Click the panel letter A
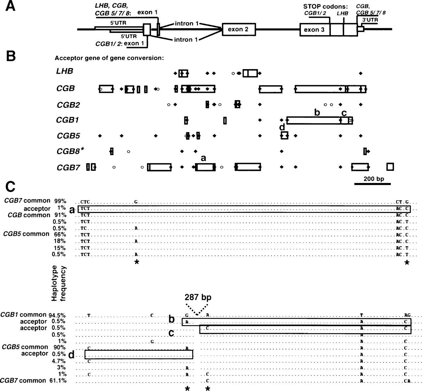[11, 6]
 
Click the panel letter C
[11, 187]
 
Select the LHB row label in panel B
[65, 71]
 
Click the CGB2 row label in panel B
[68, 105]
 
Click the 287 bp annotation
[198, 298]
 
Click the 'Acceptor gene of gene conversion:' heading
[109, 59]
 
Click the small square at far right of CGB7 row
[390, 167]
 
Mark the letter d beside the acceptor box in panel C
[71, 355]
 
